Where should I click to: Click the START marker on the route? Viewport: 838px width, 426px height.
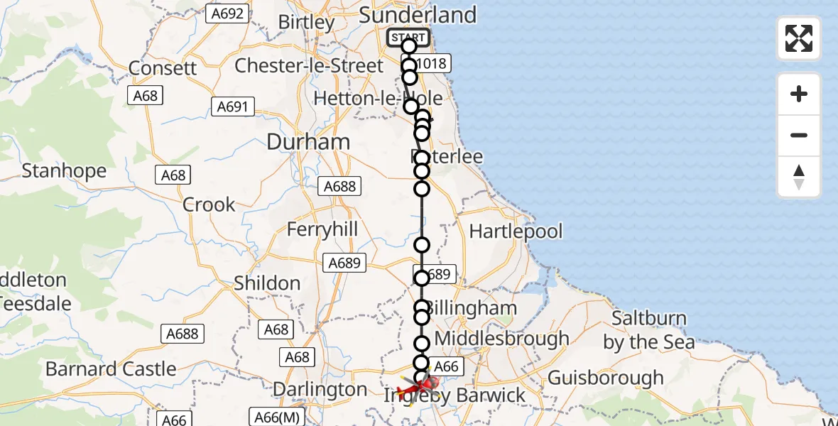click(408, 38)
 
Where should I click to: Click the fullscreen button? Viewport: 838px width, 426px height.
click(799, 38)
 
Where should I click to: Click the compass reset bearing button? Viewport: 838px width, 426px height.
click(799, 177)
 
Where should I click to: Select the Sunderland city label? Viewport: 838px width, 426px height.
click(418, 15)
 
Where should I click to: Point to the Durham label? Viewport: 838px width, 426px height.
click(308, 142)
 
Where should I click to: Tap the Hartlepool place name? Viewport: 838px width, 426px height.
click(516, 231)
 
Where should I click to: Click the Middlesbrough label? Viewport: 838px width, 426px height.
click(501, 339)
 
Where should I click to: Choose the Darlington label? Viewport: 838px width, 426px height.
click(320, 390)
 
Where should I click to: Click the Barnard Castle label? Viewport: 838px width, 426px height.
click(111, 369)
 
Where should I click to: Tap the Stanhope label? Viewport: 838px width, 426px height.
click(64, 171)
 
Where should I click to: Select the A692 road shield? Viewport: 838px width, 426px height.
click(227, 13)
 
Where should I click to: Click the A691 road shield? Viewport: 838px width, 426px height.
click(232, 106)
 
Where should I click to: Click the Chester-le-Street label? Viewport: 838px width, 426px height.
click(309, 66)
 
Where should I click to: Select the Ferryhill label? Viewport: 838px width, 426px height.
click(322, 230)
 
